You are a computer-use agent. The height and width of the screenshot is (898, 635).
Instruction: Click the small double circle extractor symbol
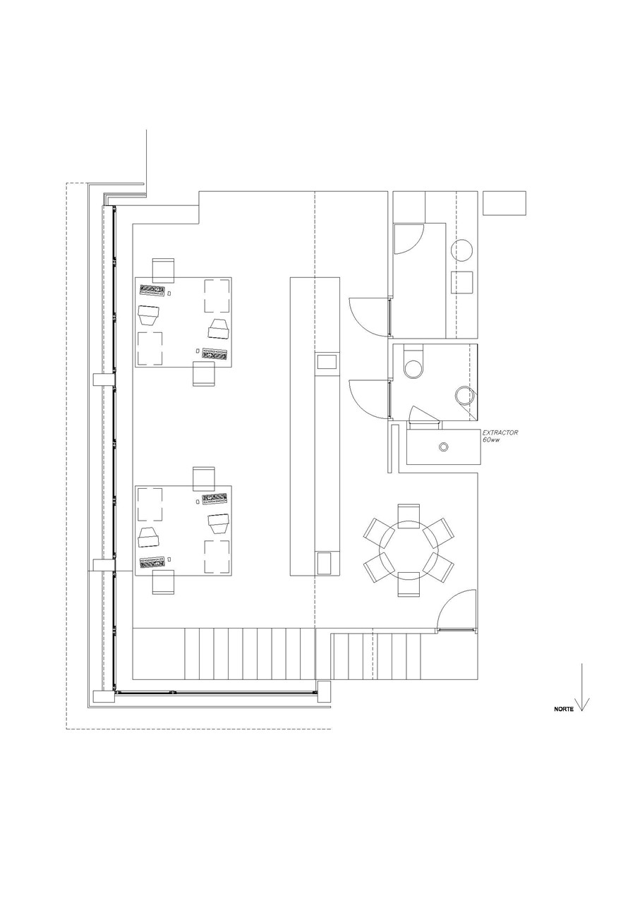(x=444, y=447)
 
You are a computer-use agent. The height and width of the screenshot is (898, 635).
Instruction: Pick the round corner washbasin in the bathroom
(x=464, y=396)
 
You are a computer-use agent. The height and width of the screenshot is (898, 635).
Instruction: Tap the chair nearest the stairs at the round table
(x=409, y=586)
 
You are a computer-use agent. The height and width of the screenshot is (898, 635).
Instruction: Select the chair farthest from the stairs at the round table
(x=409, y=516)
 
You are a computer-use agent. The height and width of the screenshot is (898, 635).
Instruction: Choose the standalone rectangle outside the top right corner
(x=504, y=203)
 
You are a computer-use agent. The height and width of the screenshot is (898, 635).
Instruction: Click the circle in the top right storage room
(x=462, y=250)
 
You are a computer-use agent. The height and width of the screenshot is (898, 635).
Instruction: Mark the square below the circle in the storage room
(x=462, y=282)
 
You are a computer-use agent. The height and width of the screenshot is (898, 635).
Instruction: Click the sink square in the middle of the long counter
(x=327, y=363)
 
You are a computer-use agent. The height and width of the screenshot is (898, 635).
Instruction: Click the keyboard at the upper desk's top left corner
(x=152, y=290)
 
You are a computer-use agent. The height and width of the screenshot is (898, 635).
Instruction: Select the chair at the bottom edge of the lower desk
(x=163, y=582)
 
